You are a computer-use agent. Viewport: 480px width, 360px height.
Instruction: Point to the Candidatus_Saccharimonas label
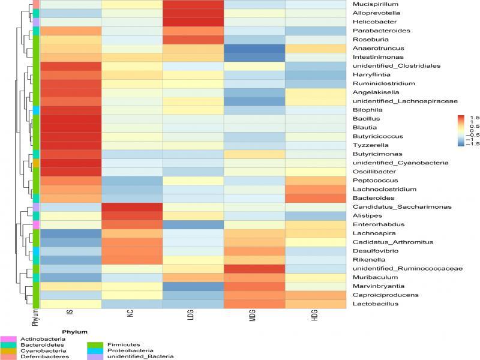coord(391,207)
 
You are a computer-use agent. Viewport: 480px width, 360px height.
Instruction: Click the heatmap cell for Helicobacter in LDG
coord(193,22)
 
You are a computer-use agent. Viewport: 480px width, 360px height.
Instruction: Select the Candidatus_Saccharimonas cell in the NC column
coord(132,207)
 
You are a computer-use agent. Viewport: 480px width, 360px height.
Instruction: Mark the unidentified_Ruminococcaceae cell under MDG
coord(254,269)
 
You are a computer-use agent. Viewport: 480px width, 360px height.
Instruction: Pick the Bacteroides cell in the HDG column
coord(316,198)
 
